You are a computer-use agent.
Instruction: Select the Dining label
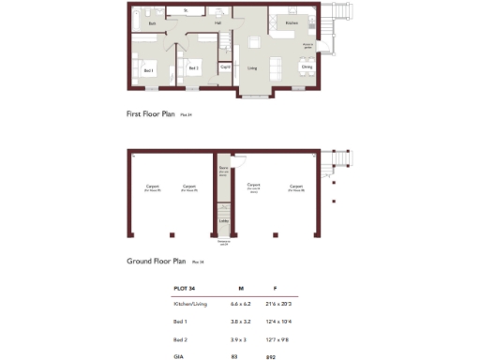pos(307,67)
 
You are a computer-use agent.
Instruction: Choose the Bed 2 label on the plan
pos(193,68)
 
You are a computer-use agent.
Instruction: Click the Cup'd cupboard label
pos(225,67)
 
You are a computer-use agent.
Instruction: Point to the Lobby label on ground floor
pos(223,221)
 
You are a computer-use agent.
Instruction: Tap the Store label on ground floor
pos(223,170)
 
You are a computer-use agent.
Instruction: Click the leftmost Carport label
pos(152,187)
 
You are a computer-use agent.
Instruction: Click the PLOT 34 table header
pos(185,289)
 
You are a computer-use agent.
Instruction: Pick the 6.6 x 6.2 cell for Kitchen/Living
pos(241,305)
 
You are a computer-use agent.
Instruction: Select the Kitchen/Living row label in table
pos(190,305)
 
